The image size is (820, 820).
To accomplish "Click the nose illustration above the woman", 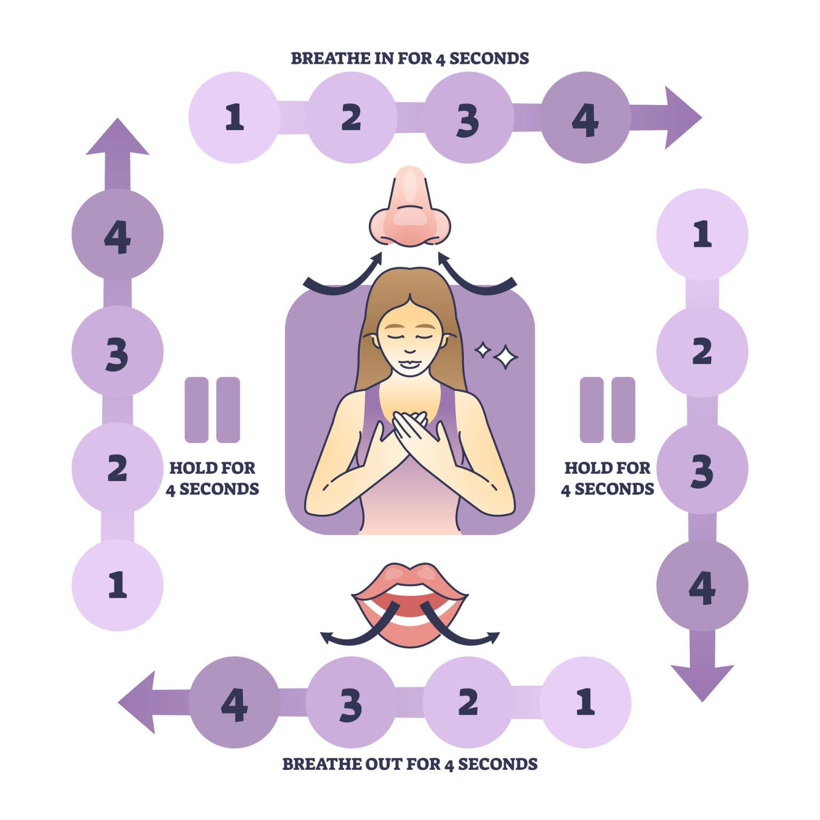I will pyautogui.click(x=409, y=211).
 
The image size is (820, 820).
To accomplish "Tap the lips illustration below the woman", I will pyautogui.click(x=409, y=603).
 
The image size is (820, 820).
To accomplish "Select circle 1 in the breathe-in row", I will pyautogui.click(x=234, y=117).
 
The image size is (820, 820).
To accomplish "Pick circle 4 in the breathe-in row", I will pyautogui.click(x=586, y=117).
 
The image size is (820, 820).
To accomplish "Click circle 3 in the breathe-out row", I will pyautogui.click(x=351, y=703).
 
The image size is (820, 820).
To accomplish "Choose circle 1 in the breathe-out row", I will pyautogui.click(x=586, y=703).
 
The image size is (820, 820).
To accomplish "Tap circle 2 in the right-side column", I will pyautogui.click(x=702, y=351).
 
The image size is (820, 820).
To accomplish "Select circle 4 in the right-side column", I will pyautogui.click(x=702, y=586).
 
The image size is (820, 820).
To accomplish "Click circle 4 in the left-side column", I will pyautogui.click(x=117, y=234).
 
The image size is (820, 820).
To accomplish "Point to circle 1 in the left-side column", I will pyautogui.click(x=117, y=586).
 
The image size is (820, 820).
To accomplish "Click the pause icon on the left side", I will pyautogui.click(x=212, y=410).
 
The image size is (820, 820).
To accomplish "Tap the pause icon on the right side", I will pyautogui.click(x=607, y=410).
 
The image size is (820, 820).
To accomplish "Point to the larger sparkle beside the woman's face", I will pyautogui.click(x=505, y=357).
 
